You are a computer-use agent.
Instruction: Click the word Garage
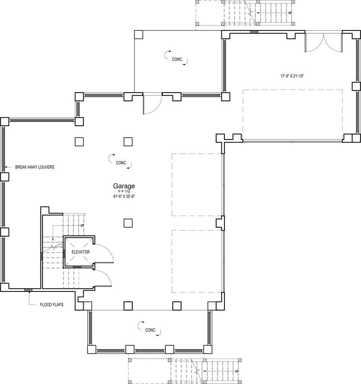coord(124,186)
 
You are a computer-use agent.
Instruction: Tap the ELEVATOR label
coord(81,252)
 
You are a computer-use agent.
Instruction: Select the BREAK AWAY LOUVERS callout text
coord(35,167)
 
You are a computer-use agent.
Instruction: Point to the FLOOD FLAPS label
coord(52,304)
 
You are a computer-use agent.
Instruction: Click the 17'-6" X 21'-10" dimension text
coord(292,76)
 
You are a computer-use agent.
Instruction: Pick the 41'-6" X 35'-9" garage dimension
coord(124,196)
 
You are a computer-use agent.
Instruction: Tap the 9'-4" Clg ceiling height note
coord(124,191)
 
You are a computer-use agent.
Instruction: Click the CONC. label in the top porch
coord(177,59)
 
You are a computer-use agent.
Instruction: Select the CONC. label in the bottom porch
coord(150,330)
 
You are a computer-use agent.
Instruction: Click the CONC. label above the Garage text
coord(121,163)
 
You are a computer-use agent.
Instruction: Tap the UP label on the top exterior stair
coord(290,13)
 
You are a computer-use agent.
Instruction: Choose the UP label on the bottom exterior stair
coord(237,371)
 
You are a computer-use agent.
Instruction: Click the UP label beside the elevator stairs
coord(82,225)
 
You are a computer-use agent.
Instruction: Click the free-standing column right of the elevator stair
coord(128,223)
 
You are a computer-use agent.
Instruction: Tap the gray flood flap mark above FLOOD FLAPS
coord(28,290)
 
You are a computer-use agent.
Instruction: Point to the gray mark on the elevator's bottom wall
coord(77,267)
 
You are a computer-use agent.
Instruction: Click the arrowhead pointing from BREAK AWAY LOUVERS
coord(6,167)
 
